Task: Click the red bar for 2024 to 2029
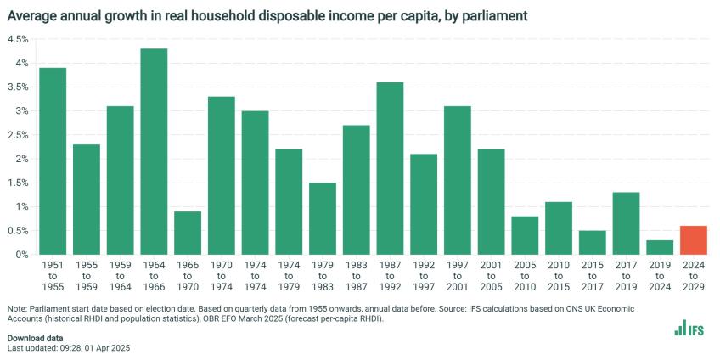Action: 694,240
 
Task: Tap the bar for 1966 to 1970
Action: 188,233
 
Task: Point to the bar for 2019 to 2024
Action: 660,247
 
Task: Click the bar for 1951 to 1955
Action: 53,161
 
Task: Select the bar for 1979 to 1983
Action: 323,218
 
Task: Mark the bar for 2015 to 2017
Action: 593,242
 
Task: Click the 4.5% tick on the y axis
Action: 18,39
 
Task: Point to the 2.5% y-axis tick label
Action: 18,135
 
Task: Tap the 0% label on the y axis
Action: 21,255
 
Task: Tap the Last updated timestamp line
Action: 68,348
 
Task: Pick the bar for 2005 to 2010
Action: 525,235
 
